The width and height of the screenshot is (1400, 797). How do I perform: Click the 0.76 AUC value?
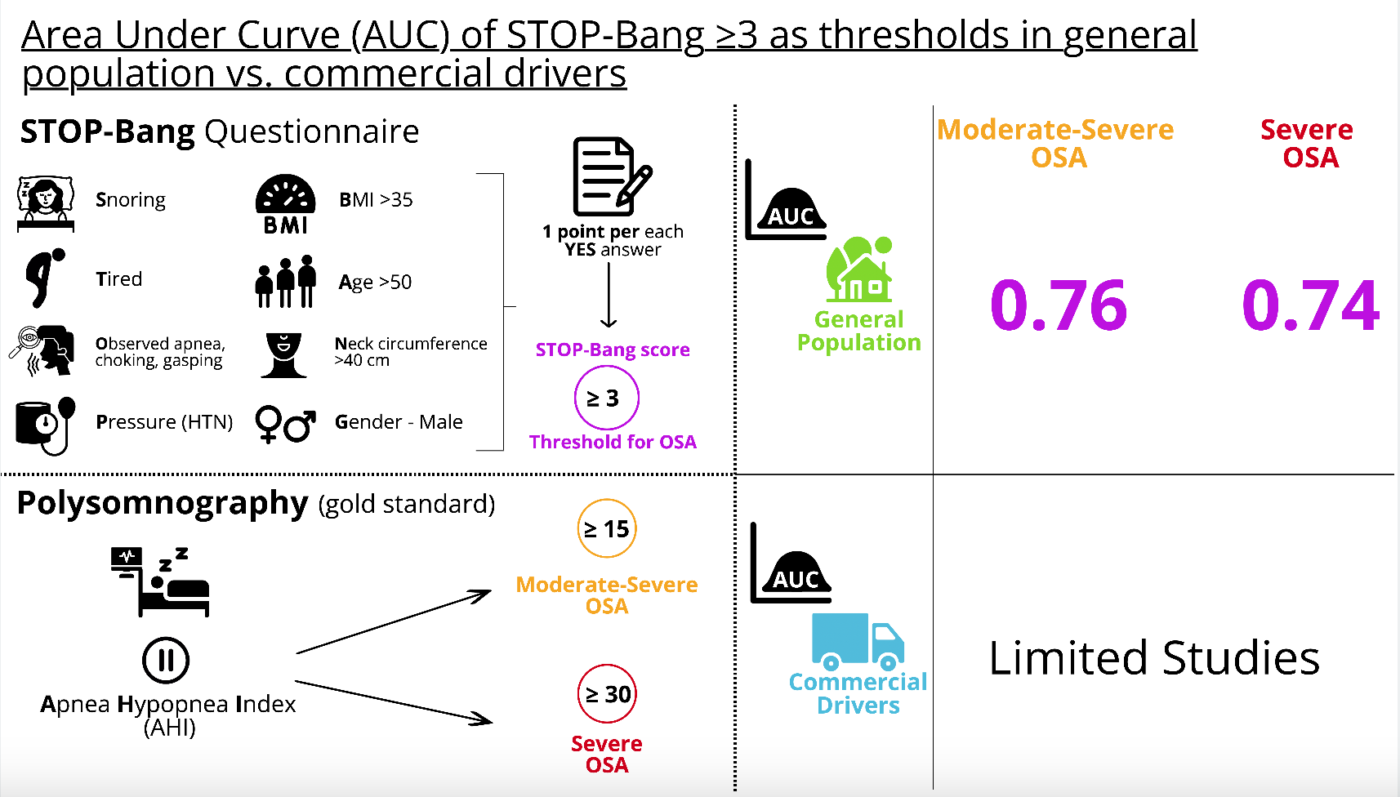pos(1059,305)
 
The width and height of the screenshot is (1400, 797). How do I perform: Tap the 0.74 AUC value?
pos(1310,305)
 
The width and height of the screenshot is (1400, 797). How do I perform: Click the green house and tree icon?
pos(859,269)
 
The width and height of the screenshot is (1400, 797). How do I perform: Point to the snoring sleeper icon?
pos(46,203)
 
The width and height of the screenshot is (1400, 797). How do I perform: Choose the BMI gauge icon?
pos(285,204)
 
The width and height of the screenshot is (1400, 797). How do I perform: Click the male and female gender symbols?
pos(285,424)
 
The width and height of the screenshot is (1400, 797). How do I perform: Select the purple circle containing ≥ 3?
pos(606,398)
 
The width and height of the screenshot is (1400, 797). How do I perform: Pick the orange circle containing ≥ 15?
pos(606,528)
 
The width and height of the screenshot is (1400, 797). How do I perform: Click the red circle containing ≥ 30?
pos(606,693)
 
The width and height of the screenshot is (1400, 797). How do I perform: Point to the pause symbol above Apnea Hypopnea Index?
pos(166,660)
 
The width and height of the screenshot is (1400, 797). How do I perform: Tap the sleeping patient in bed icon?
pos(162,581)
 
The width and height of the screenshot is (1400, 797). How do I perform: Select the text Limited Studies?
pos(1153,657)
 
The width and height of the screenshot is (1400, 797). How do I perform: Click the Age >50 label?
pos(375,283)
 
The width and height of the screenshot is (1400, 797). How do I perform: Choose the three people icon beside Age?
pos(285,282)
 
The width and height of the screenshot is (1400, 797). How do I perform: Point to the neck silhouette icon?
pos(283,354)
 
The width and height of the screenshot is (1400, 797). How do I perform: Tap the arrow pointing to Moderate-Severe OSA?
pos(394,622)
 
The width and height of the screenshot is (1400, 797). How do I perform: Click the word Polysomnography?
pos(163,503)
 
